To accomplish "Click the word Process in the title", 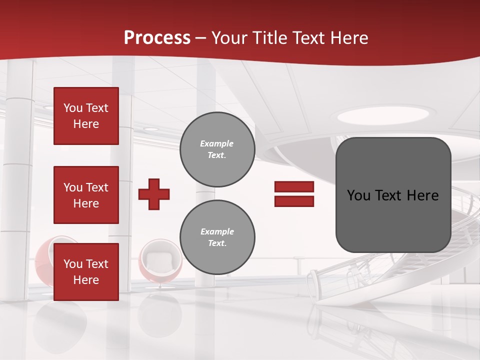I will coord(157,37).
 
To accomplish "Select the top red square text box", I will coord(86,116).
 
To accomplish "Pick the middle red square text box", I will coord(86,195).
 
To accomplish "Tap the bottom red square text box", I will coord(86,271).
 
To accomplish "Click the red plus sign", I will coord(154,194).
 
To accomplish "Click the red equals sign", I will coord(294,194).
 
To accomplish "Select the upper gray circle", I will coord(217,149).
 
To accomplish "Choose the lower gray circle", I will coord(217,237).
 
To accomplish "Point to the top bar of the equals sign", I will coord(294,187).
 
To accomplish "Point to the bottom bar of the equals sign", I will coord(294,201).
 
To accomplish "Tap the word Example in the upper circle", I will coord(216,143).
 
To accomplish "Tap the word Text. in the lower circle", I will coord(217,243).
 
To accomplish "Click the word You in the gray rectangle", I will coord(358,195).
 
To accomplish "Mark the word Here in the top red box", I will coord(86,124).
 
